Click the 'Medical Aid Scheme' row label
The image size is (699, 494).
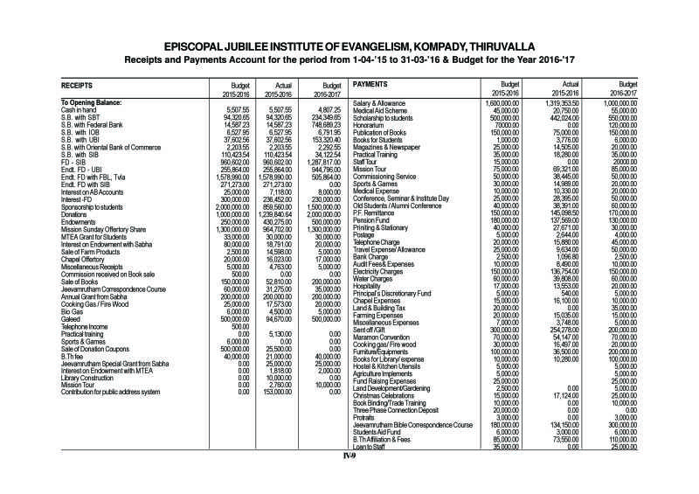pyautogui.click(x=382, y=111)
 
